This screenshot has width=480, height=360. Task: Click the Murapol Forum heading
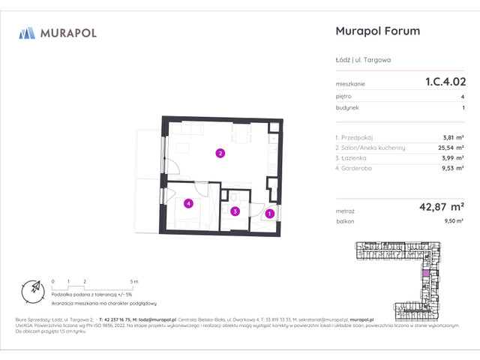[x=375, y=31]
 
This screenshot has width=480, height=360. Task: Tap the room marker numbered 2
[x=220, y=154]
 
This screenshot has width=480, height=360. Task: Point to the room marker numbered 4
[x=189, y=202]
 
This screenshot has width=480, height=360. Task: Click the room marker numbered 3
[x=235, y=212]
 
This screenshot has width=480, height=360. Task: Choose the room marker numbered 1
[x=270, y=215]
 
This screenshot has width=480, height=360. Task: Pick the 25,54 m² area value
[x=448, y=148]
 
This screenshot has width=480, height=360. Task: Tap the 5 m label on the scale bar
[x=133, y=280]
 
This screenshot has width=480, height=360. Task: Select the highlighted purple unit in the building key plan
[x=426, y=274]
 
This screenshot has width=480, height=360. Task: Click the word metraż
[x=346, y=212]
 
